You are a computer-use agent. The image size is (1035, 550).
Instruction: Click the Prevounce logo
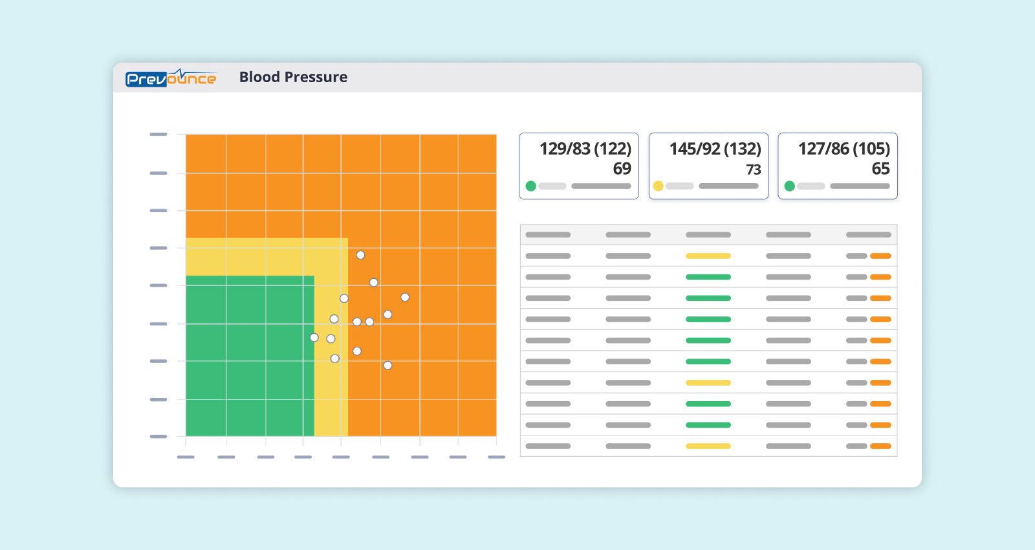point(171,78)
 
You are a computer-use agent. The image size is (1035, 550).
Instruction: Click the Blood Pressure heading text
point(293,77)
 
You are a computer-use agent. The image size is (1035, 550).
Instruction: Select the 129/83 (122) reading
point(585,149)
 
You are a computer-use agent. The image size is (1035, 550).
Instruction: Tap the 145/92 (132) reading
point(715,149)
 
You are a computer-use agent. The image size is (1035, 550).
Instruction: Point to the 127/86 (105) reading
point(844,149)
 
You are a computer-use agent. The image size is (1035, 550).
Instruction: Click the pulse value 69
point(622,169)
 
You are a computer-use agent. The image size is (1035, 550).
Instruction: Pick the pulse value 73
point(753,170)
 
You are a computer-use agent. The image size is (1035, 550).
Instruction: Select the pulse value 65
point(880,169)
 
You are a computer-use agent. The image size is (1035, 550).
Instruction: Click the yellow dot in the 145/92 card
point(658,186)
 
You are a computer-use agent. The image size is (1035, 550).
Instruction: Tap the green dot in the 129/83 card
point(530,186)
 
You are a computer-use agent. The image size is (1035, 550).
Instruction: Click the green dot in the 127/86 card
point(789,186)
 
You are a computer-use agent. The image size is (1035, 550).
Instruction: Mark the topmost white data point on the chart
point(360,255)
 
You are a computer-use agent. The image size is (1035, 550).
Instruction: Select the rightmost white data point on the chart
point(405,298)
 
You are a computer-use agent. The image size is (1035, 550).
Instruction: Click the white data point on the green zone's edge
point(314,338)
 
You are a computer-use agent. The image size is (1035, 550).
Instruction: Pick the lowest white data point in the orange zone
point(387,366)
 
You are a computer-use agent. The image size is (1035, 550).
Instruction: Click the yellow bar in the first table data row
point(708,256)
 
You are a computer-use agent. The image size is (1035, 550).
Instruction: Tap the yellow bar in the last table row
point(708,446)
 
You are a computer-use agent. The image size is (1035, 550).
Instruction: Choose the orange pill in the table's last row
point(880,446)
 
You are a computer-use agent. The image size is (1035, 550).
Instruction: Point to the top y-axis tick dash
point(158,135)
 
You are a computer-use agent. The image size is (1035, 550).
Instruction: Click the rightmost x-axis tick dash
point(496,457)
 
